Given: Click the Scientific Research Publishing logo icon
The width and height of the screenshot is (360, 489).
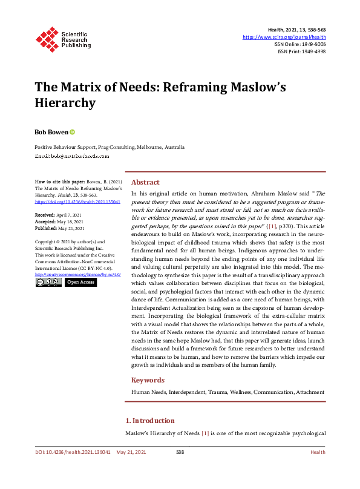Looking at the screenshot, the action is [47, 38].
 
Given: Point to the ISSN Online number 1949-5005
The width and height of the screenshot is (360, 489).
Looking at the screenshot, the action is [312, 44].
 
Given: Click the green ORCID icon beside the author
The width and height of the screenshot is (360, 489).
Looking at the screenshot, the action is [73, 131].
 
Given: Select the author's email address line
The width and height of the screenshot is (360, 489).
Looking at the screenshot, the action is [71, 156].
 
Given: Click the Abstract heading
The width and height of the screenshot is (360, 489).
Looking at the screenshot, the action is [145, 182].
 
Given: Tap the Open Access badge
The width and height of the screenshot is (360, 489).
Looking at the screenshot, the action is [80, 282].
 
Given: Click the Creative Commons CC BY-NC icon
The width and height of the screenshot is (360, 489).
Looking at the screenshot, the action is [48, 282].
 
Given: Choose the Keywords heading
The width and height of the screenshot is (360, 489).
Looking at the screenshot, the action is [148, 380].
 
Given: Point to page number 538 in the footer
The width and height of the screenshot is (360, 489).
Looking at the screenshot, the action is [180, 452].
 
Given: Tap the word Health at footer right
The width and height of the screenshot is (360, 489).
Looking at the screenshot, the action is [318, 452].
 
